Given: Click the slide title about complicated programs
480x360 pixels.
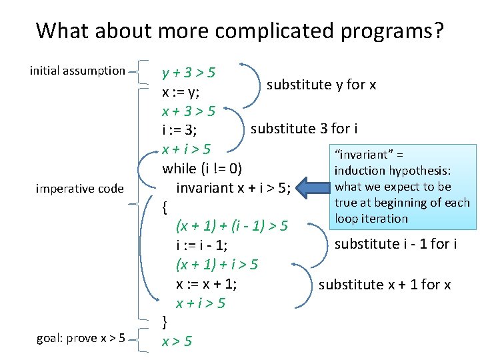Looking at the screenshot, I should click(x=240, y=30).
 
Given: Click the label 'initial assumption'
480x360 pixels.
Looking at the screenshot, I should click(x=77, y=70).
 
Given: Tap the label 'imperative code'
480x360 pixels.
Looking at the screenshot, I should click(x=79, y=189).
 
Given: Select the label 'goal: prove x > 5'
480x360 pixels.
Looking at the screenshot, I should click(x=80, y=337).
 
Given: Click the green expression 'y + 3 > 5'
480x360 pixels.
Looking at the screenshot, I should click(x=193, y=71).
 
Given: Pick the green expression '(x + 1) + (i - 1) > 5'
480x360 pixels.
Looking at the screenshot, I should click(x=231, y=227).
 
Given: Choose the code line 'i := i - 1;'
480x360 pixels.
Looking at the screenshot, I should click(x=203, y=246).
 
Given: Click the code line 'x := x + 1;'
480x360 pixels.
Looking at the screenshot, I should click(x=206, y=284).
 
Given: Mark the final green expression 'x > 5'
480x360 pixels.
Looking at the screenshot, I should click(x=177, y=341).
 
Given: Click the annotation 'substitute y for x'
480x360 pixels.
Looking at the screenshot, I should click(x=321, y=85).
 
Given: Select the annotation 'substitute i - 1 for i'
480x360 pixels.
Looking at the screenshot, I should click(x=395, y=244).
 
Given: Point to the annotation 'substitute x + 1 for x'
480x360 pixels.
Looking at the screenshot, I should click(x=385, y=285).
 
